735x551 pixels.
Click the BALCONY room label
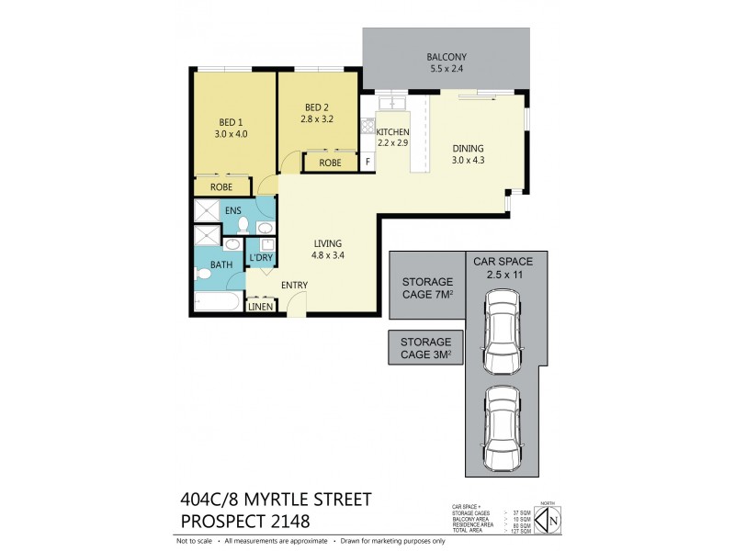pyautogui.click(x=446, y=57)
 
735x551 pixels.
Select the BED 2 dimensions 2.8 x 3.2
pyautogui.click(x=318, y=118)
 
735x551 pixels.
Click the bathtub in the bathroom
pyautogui.click(x=217, y=304)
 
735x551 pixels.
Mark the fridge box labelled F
pyautogui.click(x=368, y=163)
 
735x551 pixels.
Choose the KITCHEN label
pyautogui.click(x=392, y=131)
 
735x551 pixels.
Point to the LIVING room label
pyautogui.click(x=328, y=243)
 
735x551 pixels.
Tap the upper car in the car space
pyautogui.click(x=502, y=327)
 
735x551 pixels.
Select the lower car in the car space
pyautogui.click(x=502, y=425)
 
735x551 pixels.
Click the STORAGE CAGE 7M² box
pyautogui.click(x=426, y=287)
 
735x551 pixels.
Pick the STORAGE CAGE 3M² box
pyautogui.click(x=425, y=348)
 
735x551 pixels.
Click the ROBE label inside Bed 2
pyautogui.click(x=330, y=163)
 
